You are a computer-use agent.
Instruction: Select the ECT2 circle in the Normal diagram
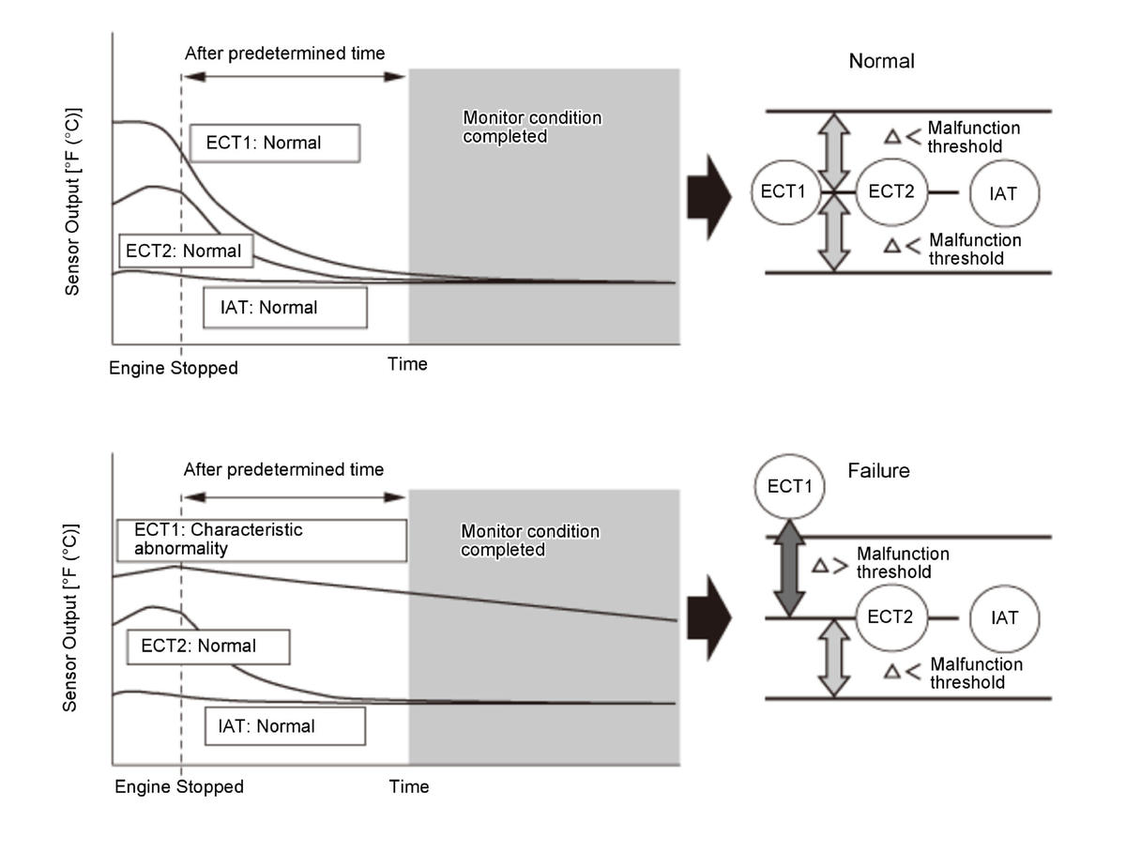coord(890,191)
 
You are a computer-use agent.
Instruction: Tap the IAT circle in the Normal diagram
coord(1004,193)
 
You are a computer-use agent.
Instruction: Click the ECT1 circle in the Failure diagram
coord(789,487)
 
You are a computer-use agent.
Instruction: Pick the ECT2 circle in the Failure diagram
coord(890,617)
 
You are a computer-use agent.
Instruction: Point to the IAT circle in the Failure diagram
coord(1005,618)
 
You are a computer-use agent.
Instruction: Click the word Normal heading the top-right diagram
coord(881,62)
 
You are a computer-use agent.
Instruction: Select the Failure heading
coord(878,470)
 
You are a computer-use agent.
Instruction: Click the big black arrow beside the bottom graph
coord(708,618)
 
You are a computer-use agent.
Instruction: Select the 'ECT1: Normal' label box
coord(274,144)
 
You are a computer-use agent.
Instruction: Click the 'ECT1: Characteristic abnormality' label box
coord(261,540)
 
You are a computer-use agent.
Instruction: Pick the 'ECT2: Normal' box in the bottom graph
coord(207,647)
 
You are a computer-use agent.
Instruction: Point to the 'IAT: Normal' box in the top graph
coord(283,308)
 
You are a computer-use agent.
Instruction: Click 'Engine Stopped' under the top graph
coord(174,368)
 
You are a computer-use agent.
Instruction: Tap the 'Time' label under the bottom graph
coord(409,786)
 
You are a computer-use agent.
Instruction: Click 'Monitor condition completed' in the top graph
coord(531,127)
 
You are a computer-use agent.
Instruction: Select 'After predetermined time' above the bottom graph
coord(283,469)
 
